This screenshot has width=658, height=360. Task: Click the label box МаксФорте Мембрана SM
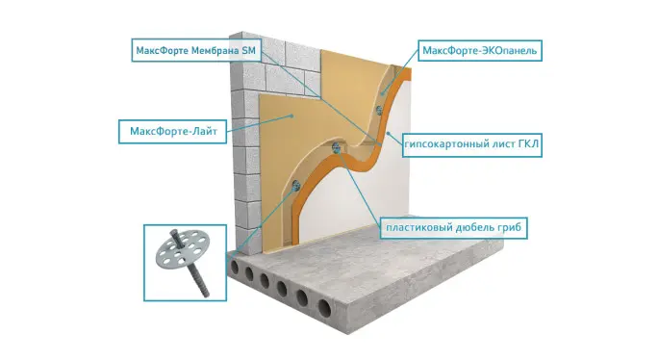click(196, 50)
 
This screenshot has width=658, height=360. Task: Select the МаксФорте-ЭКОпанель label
click(480, 50)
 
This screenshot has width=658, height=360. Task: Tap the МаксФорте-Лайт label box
click(173, 132)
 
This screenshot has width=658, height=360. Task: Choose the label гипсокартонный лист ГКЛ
click(472, 145)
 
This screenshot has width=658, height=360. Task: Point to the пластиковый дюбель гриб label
click(453, 228)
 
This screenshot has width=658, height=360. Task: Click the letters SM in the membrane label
click(248, 51)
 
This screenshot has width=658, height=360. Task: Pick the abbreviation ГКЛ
click(528, 144)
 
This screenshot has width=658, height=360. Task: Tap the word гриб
click(510, 228)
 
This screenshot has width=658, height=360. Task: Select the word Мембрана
click(215, 51)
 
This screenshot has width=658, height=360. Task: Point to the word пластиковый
click(418, 228)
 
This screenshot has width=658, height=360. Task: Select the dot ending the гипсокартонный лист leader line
click(389, 133)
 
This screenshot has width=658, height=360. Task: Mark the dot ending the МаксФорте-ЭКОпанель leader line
click(382, 94)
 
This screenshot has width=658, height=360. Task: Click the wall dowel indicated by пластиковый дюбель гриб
click(336, 147)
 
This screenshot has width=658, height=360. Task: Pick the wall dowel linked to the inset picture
click(296, 185)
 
